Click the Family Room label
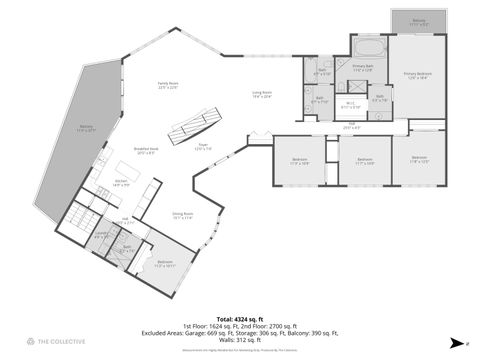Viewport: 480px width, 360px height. (167, 85)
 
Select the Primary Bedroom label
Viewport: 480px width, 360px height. (415, 75)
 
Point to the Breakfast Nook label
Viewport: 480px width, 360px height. (148, 151)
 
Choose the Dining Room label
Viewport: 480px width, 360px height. (182, 216)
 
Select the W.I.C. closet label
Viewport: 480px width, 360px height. (351, 105)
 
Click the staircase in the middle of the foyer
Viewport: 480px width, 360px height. (193, 127)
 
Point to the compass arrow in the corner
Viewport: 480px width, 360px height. (455, 341)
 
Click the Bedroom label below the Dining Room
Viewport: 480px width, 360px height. (165, 264)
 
